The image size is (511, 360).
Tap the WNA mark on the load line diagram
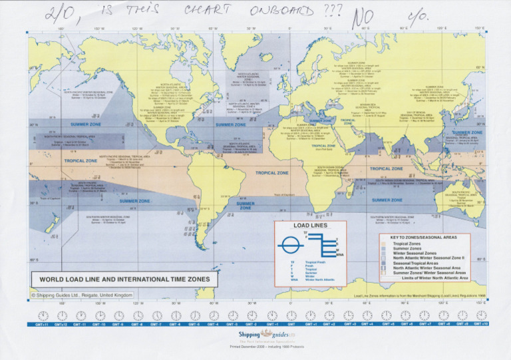(340, 254)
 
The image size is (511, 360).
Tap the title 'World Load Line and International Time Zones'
(124, 279)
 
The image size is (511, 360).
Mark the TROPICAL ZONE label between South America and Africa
(272, 172)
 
